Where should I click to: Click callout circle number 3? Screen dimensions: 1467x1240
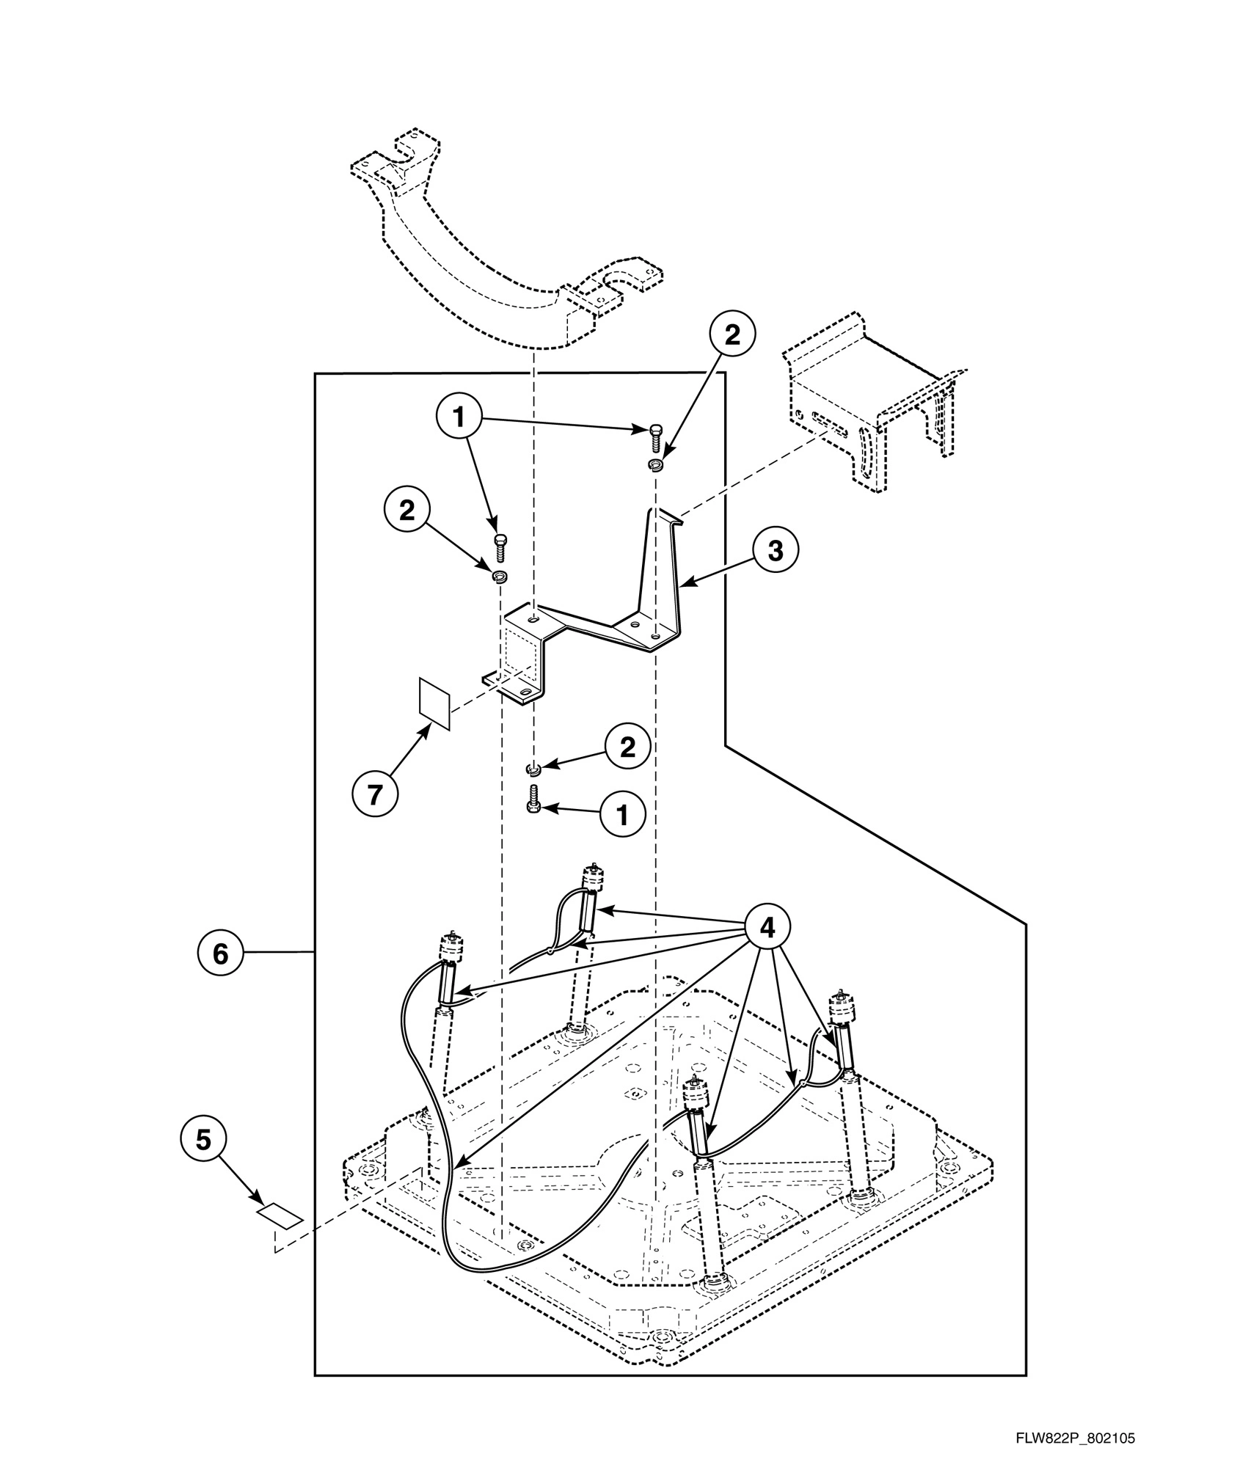tap(776, 550)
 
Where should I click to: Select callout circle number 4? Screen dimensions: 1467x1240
tap(767, 928)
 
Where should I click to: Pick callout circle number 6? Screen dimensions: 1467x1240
tap(220, 953)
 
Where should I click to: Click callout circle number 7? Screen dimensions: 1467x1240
tap(375, 794)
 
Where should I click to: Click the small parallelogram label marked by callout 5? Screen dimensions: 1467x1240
tap(280, 1216)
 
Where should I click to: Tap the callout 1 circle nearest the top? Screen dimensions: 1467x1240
tap(459, 417)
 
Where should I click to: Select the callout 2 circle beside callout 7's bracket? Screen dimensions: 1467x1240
tap(406, 511)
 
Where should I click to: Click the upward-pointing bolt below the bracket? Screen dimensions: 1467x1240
tap(533, 798)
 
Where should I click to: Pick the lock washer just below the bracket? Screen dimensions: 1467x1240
tap(534, 768)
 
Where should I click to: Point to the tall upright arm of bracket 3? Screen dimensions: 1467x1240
tap(662, 565)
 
